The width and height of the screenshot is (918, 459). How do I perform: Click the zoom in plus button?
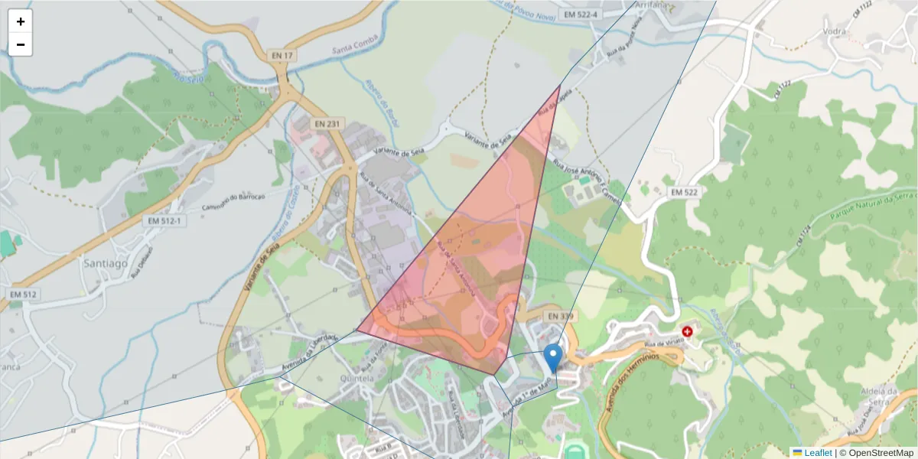[x=21, y=21]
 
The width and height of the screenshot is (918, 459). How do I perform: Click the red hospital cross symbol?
[x=687, y=331]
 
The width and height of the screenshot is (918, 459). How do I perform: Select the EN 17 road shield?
[x=282, y=55]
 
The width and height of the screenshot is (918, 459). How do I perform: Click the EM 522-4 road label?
[x=581, y=15]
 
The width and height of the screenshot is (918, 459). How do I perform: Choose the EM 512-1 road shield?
[x=164, y=221]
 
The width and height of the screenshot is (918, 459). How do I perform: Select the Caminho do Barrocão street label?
[x=232, y=201]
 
